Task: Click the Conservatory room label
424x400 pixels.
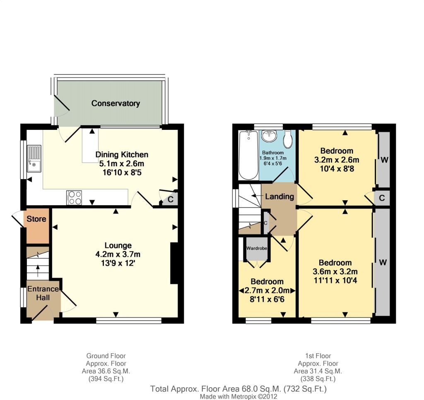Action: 116,103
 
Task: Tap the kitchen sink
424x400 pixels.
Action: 34,159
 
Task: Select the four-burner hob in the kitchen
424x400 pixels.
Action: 74,198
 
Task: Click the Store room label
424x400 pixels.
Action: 36,219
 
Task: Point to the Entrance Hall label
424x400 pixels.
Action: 43,293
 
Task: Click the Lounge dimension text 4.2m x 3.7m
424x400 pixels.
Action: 118,254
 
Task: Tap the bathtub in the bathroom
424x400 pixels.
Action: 248,155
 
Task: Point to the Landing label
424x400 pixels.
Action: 279,196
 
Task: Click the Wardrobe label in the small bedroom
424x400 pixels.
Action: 257,248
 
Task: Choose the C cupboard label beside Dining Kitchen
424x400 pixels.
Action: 170,200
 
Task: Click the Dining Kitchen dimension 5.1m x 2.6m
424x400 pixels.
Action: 122,163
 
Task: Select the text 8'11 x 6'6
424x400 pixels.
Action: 267,299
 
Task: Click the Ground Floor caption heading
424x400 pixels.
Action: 106,356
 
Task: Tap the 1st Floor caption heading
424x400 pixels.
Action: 318,356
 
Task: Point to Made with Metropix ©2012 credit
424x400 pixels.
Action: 238,397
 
